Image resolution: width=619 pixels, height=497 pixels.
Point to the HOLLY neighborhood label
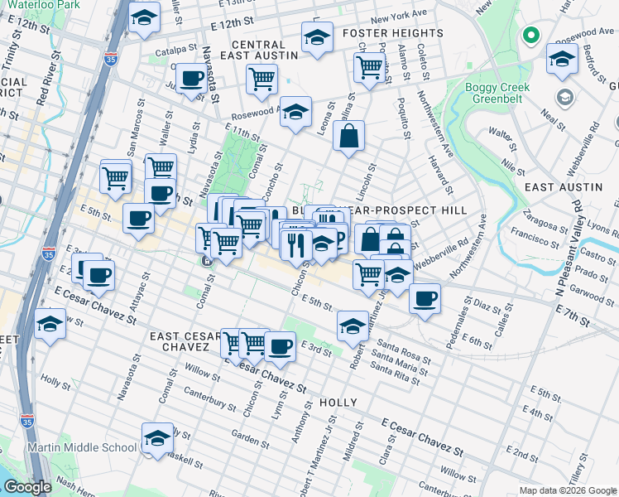click(x=338, y=403)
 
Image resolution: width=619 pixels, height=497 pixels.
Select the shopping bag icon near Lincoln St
click(x=349, y=136)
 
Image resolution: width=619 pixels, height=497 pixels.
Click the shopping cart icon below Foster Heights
click(x=368, y=68)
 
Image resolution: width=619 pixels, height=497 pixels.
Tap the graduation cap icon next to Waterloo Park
click(x=144, y=18)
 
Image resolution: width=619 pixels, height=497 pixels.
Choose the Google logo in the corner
click(x=27, y=486)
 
